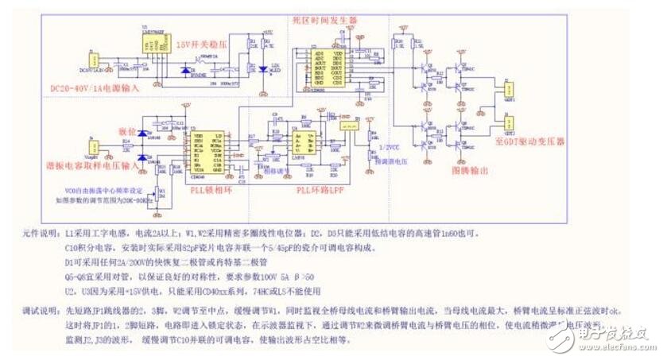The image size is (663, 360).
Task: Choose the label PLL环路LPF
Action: [320, 191]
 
